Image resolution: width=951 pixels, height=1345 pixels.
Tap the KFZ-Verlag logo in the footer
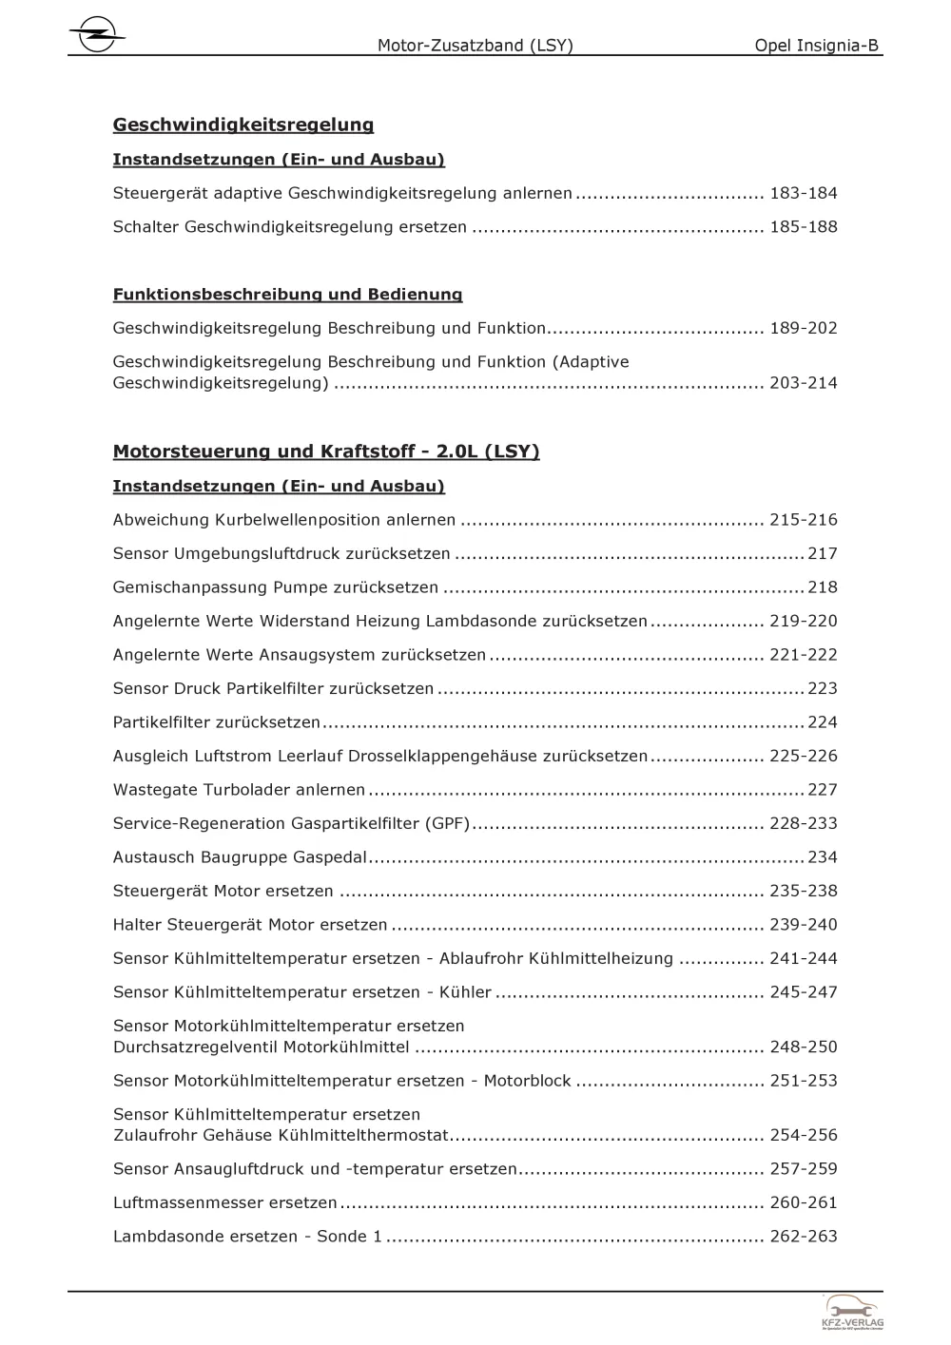click(852, 1312)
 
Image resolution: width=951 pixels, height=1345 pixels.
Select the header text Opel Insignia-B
click(816, 45)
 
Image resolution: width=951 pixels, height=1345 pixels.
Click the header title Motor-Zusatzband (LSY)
click(475, 45)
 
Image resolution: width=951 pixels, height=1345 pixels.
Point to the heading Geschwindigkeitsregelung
click(243, 125)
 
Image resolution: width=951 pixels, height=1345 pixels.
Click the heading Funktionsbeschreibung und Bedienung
click(287, 295)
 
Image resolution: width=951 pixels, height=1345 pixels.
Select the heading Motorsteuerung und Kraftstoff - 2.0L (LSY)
click(326, 452)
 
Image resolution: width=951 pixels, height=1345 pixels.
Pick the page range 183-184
click(803, 194)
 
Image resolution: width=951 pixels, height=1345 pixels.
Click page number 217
click(822, 554)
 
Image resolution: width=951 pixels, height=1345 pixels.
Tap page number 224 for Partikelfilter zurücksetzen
click(822, 722)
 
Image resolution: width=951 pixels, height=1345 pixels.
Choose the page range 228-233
click(803, 824)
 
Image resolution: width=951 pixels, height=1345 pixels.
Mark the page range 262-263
click(803, 1237)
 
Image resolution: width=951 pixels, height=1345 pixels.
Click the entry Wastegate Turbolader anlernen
click(239, 790)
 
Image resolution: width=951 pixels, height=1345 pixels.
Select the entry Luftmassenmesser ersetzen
click(224, 1203)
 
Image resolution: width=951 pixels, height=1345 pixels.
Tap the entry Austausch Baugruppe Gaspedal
click(240, 857)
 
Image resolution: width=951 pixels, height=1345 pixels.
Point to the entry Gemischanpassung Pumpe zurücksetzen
click(276, 587)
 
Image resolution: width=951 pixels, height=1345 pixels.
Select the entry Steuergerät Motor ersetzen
click(223, 892)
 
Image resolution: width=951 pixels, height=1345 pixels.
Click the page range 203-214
click(803, 384)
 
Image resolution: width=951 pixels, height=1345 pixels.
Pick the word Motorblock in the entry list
click(527, 1081)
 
